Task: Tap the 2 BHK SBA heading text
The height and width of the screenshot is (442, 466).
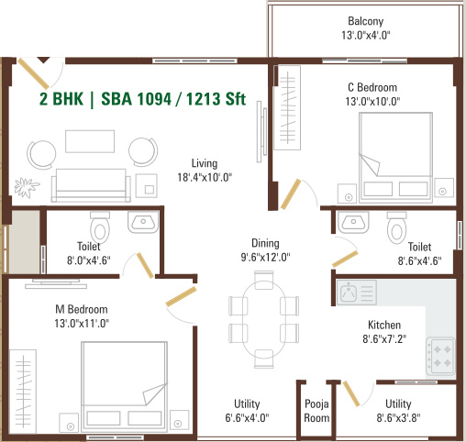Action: coord(142,100)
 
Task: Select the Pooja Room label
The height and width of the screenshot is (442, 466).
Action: coord(316,411)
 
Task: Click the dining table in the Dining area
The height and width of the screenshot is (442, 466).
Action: coord(263,317)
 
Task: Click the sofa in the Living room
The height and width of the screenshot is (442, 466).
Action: coord(90,180)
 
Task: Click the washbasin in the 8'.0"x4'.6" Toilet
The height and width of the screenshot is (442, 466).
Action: coord(143,222)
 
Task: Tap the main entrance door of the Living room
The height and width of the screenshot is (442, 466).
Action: coord(37,72)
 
